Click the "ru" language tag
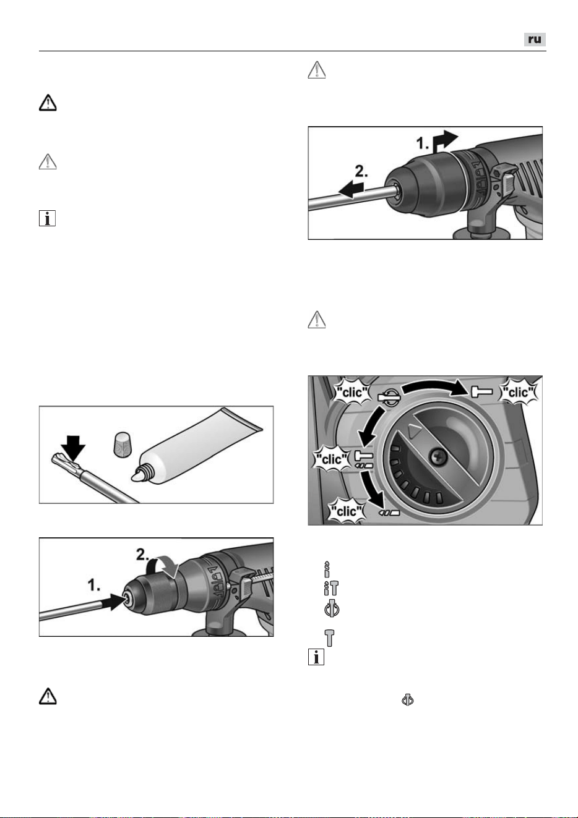click(x=535, y=40)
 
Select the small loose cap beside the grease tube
click(x=122, y=444)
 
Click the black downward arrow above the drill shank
click(x=73, y=448)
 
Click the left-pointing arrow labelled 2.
click(x=352, y=189)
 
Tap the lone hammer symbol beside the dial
click(x=481, y=392)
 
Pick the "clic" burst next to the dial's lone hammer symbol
click(x=519, y=393)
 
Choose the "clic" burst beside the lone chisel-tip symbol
click(x=347, y=511)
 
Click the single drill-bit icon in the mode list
click(x=327, y=569)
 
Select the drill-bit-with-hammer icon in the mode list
click(x=331, y=588)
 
